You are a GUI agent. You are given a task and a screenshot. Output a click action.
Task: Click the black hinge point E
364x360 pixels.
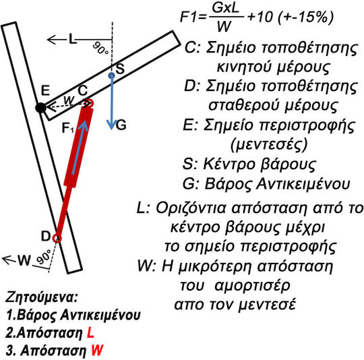click(x=40, y=108)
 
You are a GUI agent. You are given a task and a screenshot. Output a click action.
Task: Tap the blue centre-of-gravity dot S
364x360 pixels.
click(x=112, y=76)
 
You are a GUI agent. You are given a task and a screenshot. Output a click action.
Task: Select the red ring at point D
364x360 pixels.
click(x=57, y=238)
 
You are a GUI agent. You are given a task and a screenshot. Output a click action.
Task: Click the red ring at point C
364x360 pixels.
click(x=90, y=103)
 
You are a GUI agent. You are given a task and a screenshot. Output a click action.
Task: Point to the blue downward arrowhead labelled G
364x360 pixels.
click(x=111, y=125)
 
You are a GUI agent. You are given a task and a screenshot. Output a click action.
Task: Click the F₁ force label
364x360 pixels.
click(x=68, y=128)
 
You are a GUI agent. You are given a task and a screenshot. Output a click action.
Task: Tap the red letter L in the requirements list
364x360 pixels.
click(x=90, y=333)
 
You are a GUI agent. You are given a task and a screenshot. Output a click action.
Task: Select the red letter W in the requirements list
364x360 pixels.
click(x=97, y=351)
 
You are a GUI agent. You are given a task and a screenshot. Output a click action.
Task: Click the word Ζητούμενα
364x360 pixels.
click(x=41, y=298)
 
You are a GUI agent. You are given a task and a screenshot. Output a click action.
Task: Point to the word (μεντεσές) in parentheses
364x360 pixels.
click(x=269, y=144)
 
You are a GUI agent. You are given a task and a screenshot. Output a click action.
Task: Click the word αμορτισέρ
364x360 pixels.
click(x=252, y=286)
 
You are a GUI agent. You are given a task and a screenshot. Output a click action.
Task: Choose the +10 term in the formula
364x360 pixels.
click(x=260, y=17)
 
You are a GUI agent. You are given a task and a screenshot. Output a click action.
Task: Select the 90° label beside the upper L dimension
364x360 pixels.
click(x=100, y=49)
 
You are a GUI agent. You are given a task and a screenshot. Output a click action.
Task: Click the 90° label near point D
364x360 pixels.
click(x=44, y=257)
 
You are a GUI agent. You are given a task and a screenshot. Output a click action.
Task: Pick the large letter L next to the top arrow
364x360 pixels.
click(x=73, y=39)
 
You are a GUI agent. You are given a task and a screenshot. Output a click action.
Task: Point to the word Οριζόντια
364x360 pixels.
click(x=191, y=208)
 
